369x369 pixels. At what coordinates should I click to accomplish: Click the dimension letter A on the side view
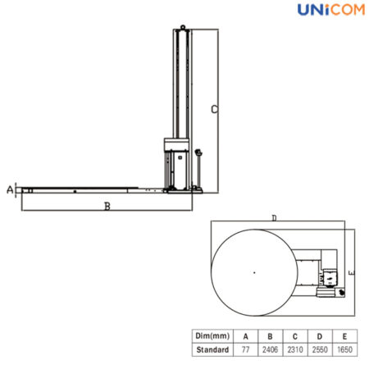(x=9, y=189)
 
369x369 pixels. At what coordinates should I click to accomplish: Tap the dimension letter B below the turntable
(x=107, y=206)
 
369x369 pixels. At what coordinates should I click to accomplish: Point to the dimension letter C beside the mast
(x=213, y=108)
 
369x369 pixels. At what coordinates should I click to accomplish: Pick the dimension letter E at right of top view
(x=350, y=270)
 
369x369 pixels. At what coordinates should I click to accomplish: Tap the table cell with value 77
(x=245, y=349)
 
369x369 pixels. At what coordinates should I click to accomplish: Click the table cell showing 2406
(x=271, y=349)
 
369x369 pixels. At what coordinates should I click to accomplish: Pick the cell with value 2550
(x=321, y=349)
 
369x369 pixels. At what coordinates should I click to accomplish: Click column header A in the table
(x=245, y=335)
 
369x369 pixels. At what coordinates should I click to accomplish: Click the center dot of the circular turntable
(x=254, y=271)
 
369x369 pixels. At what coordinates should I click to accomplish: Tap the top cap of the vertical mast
(x=181, y=30)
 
